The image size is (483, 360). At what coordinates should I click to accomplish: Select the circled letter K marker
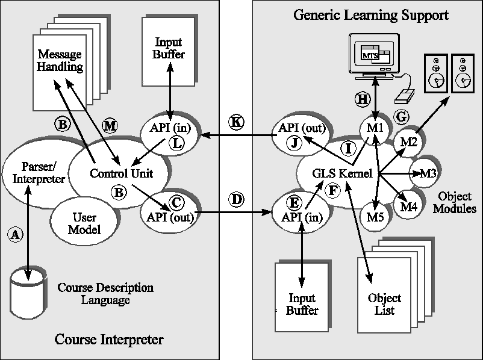pyautogui.click(x=237, y=122)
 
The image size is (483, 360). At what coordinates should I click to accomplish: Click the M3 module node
pyautogui.click(x=428, y=173)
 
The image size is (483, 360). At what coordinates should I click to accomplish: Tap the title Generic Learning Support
pyautogui.click(x=370, y=14)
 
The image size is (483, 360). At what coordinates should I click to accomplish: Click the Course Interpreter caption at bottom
pyautogui.click(x=109, y=340)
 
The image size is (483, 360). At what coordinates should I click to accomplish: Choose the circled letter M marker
pyautogui.click(x=110, y=125)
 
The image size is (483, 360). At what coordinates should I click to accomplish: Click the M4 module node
pyautogui.click(x=409, y=206)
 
